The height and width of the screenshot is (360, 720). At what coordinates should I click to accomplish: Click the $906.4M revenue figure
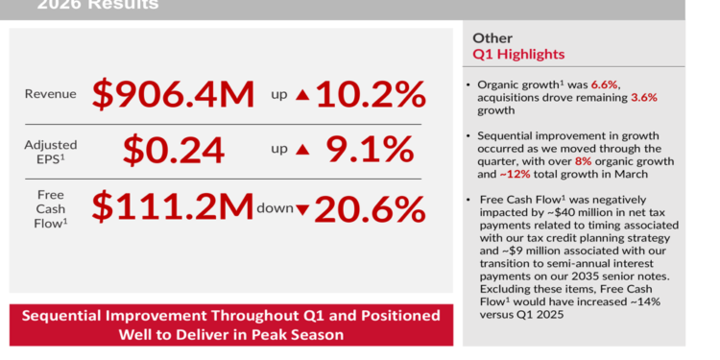[x=174, y=94]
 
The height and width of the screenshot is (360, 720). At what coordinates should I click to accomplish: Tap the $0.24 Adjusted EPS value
[x=173, y=151]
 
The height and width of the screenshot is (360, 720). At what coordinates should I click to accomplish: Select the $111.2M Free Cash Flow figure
[x=173, y=207]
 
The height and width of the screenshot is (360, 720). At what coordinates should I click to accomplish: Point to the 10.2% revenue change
[x=371, y=94]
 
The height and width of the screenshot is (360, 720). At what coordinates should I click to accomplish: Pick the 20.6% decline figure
[x=371, y=207]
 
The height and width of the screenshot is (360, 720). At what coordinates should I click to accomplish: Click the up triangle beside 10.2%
[x=303, y=94]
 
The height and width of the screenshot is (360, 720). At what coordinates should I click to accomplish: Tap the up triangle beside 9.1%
[x=303, y=151]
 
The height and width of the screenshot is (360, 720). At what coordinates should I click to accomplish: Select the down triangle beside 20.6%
[x=303, y=208]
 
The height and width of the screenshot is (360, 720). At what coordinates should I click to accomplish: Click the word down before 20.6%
[x=275, y=207]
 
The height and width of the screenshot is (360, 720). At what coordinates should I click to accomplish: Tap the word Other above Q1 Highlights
[x=492, y=37]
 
